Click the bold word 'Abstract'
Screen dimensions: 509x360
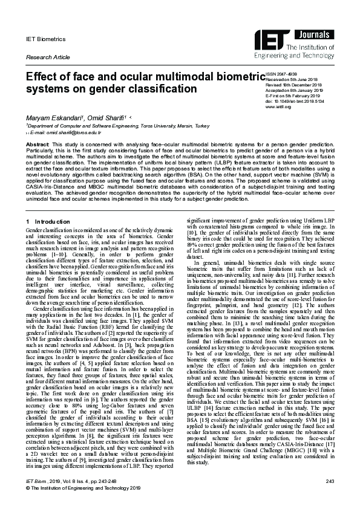37,145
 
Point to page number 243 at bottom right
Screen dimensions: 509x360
329,481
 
